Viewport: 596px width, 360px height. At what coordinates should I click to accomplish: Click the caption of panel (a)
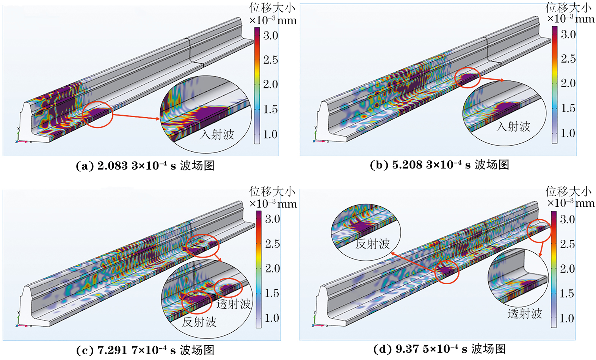point(145,166)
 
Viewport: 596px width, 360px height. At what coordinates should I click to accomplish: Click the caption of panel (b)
point(439,165)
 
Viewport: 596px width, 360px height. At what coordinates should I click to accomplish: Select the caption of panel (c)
point(145,350)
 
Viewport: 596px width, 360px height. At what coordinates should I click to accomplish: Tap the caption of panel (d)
point(439,349)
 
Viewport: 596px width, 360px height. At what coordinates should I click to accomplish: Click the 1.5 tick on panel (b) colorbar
point(568,108)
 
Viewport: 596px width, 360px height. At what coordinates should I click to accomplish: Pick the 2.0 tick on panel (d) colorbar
point(567,269)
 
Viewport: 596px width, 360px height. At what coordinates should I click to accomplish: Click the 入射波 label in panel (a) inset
point(217,134)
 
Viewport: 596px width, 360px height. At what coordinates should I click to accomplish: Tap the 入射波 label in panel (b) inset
point(513,126)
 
